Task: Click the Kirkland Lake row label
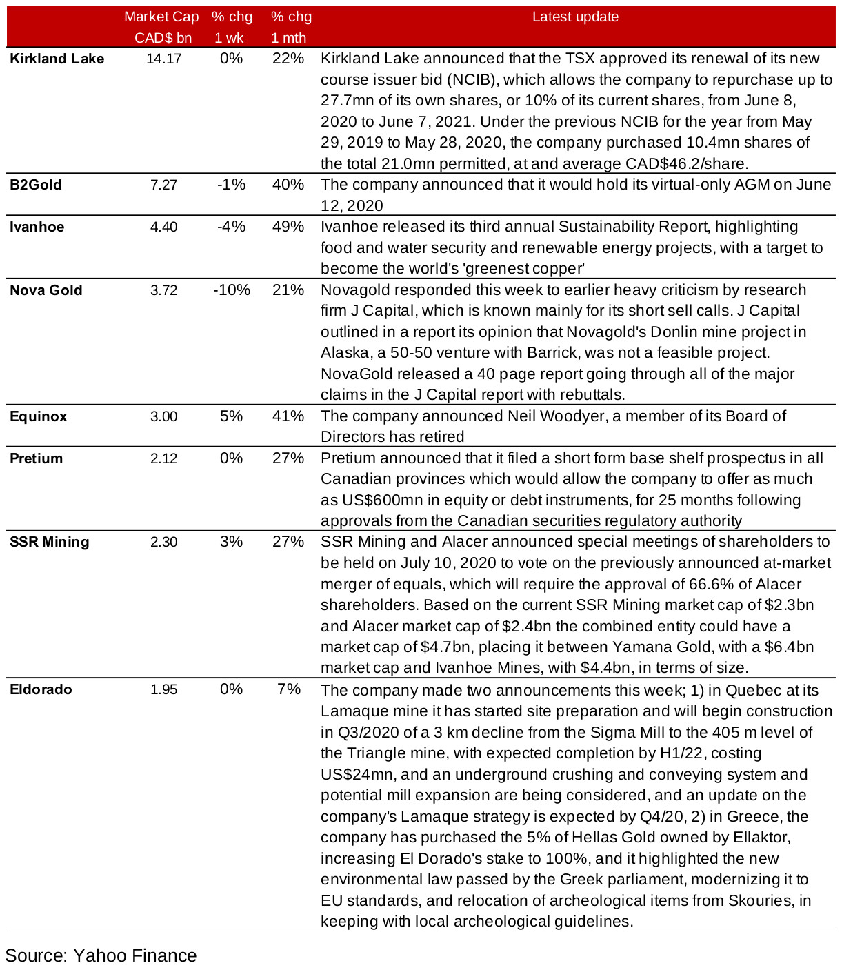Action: (x=57, y=59)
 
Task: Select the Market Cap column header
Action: (x=161, y=27)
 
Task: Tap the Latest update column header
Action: (x=575, y=17)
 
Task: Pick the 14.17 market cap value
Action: (x=163, y=59)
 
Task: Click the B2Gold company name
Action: (x=36, y=185)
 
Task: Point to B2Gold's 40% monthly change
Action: (x=288, y=185)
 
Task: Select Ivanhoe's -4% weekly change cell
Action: (x=231, y=227)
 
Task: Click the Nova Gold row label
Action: (x=46, y=290)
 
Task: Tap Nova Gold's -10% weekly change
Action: (x=231, y=290)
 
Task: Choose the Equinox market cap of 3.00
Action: (x=163, y=416)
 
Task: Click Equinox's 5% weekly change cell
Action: (x=231, y=416)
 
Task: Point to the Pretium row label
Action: (x=36, y=458)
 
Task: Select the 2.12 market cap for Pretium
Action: (x=163, y=458)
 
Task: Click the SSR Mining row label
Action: (x=50, y=542)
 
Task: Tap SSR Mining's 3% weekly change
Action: (x=231, y=542)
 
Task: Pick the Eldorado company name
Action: (x=41, y=689)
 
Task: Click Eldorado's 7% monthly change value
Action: (x=288, y=689)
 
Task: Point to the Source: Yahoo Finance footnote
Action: (x=101, y=955)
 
